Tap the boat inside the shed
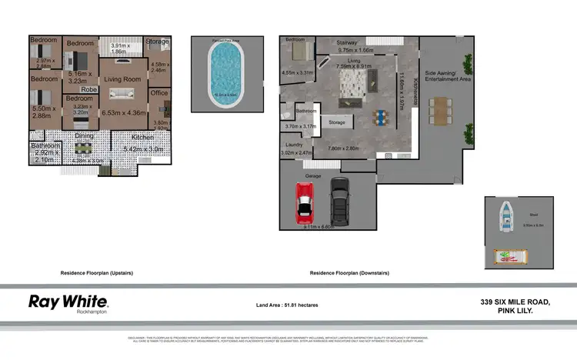point(508,215)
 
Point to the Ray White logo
point(68,302)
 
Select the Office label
point(159,92)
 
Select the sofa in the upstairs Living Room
point(122,94)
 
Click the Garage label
point(313,175)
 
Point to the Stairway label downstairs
point(350,42)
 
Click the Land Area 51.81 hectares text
point(287,305)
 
